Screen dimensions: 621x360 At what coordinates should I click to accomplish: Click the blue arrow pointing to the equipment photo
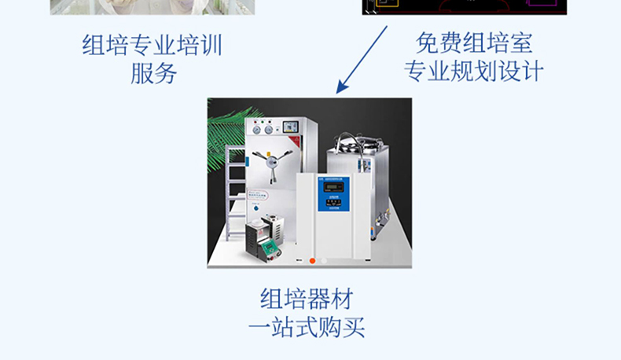click(x=362, y=60)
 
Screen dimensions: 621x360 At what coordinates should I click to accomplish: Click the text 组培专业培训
click(x=152, y=45)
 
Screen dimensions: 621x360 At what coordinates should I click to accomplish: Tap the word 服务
click(x=153, y=74)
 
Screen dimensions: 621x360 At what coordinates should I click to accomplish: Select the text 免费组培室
click(x=474, y=42)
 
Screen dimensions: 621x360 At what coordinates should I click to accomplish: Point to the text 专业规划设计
click(x=474, y=72)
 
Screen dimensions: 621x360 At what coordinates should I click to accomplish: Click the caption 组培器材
click(x=307, y=298)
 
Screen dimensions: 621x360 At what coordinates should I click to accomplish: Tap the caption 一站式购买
click(x=307, y=327)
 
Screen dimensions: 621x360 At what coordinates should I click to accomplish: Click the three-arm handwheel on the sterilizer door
click(x=272, y=163)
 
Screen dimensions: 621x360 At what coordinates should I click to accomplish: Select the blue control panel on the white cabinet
click(x=333, y=194)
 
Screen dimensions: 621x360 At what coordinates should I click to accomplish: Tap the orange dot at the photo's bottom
click(x=312, y=261)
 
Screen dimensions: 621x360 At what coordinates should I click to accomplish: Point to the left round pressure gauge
click(x=256, y=130)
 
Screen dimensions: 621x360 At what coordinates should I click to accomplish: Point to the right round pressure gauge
click(x=269, y=130)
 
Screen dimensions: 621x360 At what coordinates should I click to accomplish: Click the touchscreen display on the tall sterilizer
click(x=290, y=127)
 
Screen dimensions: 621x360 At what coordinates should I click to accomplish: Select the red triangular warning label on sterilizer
click(x=295, y=141)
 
